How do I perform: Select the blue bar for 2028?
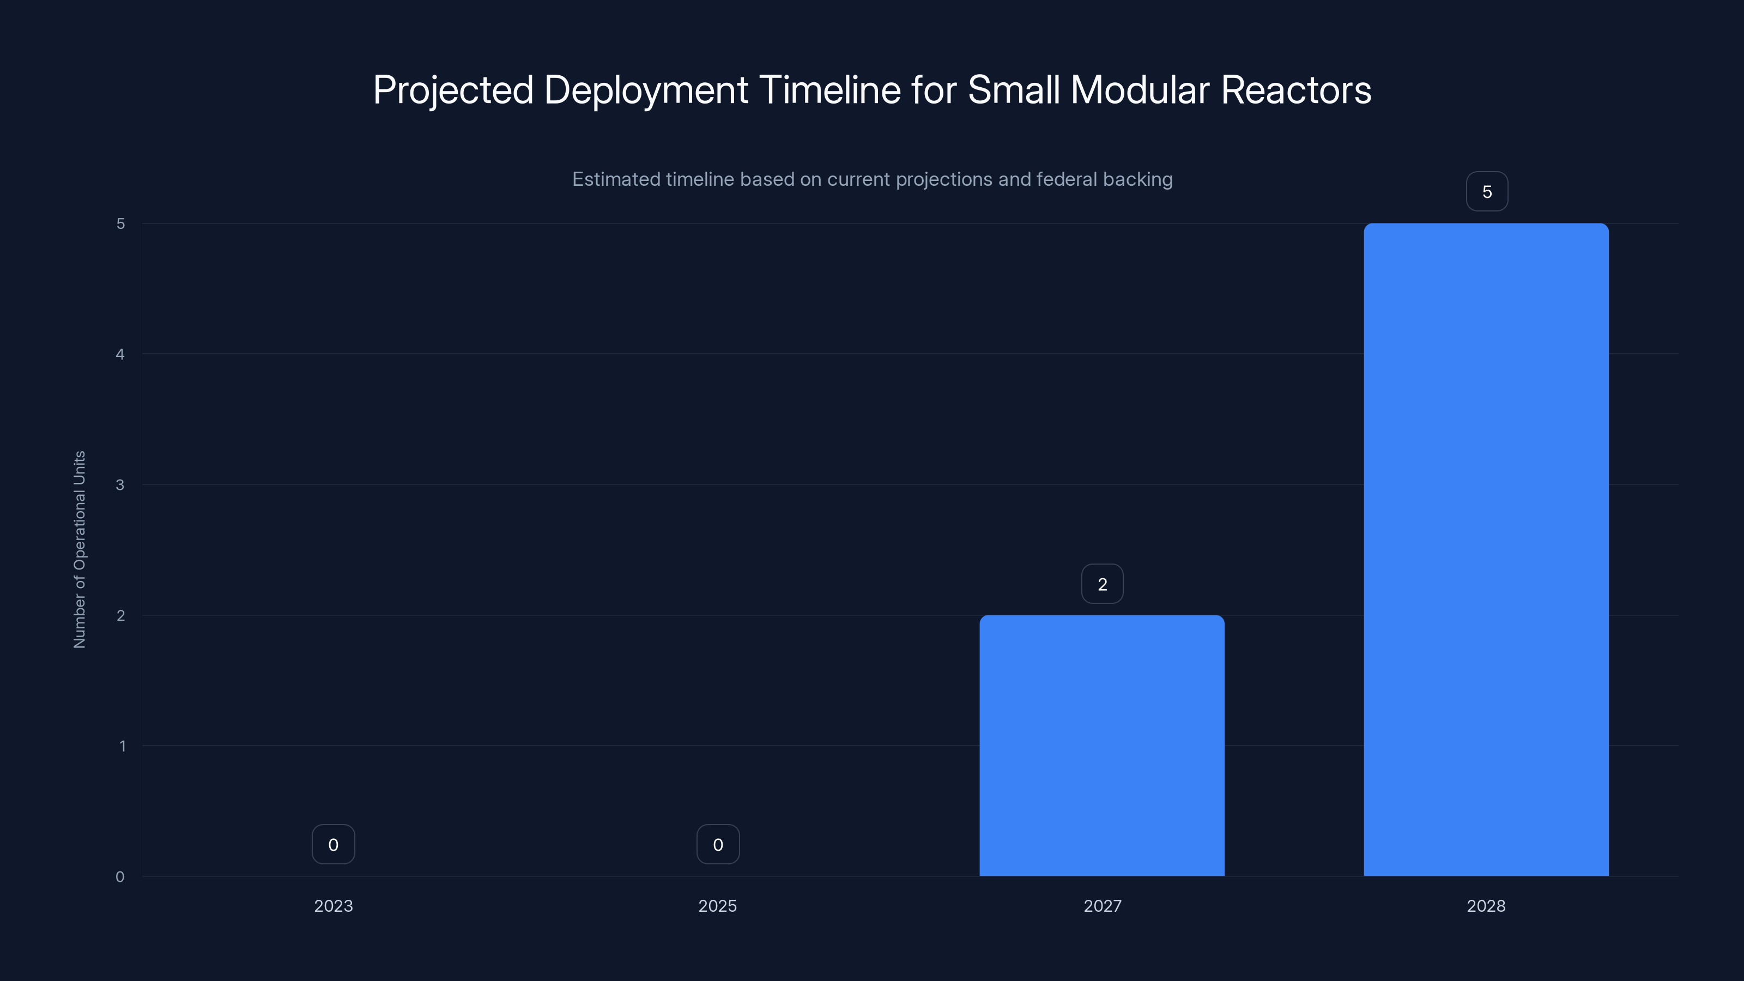(x=1486, y=549)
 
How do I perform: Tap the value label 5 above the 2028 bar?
(x=1487, y=192)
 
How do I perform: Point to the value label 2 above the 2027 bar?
(x=1102, y=584)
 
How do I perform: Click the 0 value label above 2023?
(x=333, y=844)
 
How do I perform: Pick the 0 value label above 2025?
(x=718, y=844)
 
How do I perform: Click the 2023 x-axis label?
(x=333, y=906)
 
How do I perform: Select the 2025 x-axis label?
(x=718, y=906)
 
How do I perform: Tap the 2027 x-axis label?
(x=1102, y=906)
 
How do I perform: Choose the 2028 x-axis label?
(x=1486, y=906)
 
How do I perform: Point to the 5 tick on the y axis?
(x=120, y=223)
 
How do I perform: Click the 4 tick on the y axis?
(x=120, y=354)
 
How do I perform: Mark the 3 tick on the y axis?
(x=120, y=485)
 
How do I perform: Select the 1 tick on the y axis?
(x=123, y=746)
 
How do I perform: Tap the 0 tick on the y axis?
(x=120, y=877)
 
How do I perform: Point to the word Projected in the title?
(x=453, y=90)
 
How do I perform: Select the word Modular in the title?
(x=1140, y=90)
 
